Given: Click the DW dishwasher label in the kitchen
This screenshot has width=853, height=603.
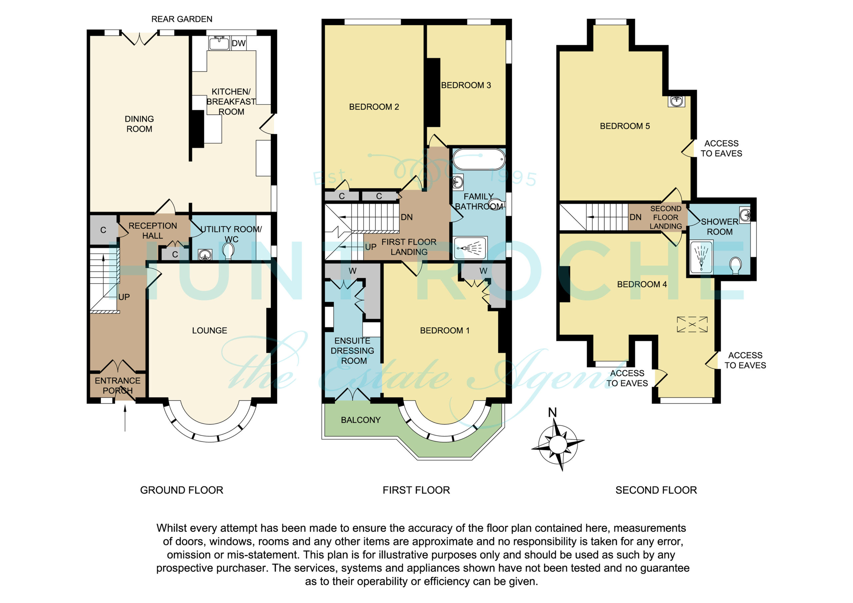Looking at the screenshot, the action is (239, 43).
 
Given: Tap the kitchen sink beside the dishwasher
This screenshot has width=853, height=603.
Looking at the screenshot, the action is (219, 43).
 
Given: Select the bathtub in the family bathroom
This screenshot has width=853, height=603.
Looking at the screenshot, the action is (479, 159).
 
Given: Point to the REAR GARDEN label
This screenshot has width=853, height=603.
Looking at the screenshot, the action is (182, 19).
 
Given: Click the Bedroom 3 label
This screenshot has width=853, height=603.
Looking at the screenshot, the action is (466, 85).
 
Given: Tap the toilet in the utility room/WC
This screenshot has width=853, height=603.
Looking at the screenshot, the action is (228, 251).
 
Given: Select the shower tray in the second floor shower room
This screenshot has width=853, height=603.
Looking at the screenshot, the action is (701, 257).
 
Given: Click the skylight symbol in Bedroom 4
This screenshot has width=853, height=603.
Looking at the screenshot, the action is (692, 324).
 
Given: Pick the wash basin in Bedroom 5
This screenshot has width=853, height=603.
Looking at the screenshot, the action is (676, 101).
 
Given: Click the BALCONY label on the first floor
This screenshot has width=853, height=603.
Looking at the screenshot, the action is (361, 420).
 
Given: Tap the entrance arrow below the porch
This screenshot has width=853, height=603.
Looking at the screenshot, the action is (125, 418).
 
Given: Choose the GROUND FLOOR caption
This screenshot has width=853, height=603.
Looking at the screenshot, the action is (182, 490).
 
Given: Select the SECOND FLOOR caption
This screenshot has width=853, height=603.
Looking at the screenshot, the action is (656, 490).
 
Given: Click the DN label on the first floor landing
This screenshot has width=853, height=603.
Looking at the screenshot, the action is (407, 217).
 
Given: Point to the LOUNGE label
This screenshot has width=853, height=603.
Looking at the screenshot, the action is (210, 330).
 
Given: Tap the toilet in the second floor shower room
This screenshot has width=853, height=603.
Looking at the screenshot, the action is (735, 266).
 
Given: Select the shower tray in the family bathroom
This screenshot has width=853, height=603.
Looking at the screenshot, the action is (470, 247).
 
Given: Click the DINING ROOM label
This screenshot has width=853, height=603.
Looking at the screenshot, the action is (139, 124).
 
